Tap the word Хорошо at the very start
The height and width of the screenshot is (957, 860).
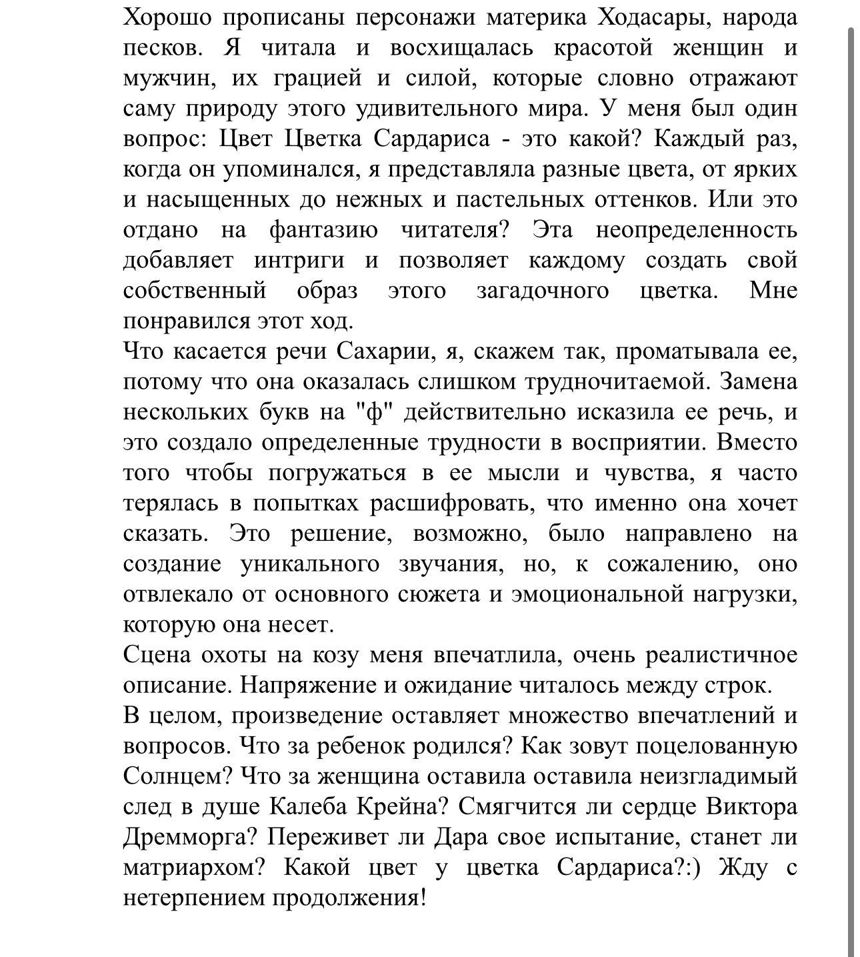tap(167, 17)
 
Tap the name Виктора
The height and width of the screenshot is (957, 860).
tap(751, 807)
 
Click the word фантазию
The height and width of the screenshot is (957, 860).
tap(323, 230)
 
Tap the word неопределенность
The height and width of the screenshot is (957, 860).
tap(696, 230)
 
